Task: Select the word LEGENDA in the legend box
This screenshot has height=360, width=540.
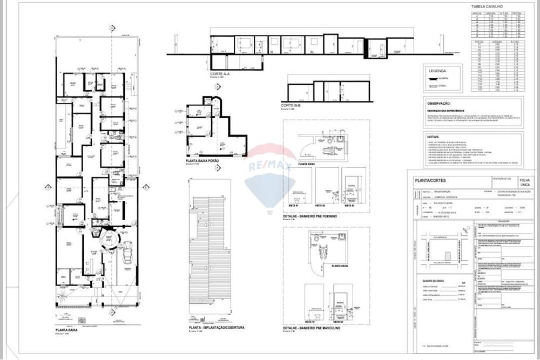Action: [x=438, y=71]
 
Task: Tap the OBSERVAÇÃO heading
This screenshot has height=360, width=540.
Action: [x=439, y=103]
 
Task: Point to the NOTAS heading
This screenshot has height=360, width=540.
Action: [x=433, y=137]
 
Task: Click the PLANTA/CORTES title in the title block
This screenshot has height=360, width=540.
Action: [x=429, y=181]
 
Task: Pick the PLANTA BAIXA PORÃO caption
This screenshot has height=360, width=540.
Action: [x=205, y=160]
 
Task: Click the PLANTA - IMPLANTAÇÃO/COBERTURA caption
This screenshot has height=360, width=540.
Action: [x=217, y=328]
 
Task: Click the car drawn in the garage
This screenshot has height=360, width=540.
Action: [x=129, y=251]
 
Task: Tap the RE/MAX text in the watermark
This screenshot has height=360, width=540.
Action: [x=270, y=167]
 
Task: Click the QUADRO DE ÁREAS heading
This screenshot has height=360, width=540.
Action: [x=432, y=280]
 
